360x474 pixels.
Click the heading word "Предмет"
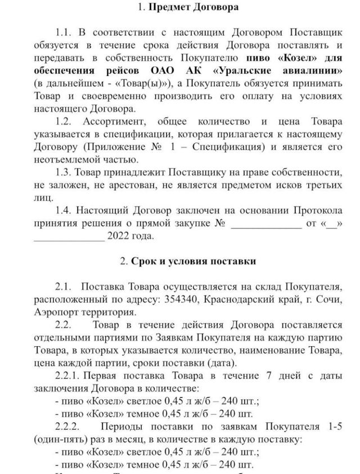(169, 8)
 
